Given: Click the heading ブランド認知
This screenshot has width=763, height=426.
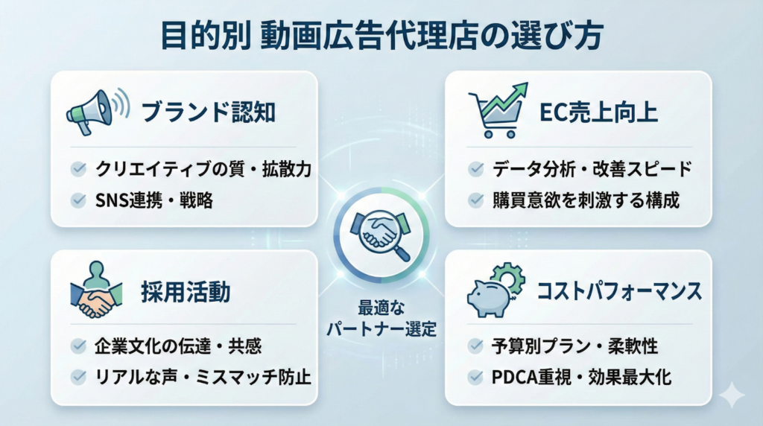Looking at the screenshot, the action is point(209,112).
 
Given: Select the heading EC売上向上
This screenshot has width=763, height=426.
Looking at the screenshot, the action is point(598,112).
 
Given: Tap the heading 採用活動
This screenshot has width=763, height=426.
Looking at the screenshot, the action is point(186,292).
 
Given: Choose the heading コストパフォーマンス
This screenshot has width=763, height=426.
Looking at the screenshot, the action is point(619,291).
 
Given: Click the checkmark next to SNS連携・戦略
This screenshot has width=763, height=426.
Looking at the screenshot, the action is point(78,200).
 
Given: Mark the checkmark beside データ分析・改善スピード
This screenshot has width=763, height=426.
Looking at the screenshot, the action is point(475,169).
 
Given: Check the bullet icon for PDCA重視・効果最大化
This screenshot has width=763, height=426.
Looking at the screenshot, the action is point(475,377).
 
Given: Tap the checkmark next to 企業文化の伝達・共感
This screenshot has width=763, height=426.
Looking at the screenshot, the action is point(78,346).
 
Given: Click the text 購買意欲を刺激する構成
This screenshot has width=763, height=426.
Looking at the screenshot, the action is point(586,200).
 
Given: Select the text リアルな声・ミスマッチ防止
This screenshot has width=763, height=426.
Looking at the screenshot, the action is point(203,378).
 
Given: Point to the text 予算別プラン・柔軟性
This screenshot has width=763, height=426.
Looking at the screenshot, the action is point(574,346).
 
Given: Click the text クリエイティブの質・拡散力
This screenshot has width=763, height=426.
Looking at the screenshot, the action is point(203,169).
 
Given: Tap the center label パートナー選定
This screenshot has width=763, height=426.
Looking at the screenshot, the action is point(381,329).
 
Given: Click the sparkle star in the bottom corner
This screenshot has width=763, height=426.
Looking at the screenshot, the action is point(732,395).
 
